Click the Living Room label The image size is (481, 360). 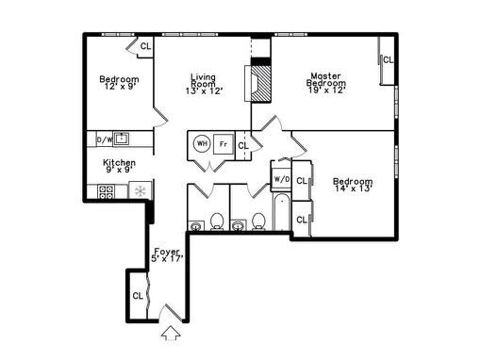[203, 84]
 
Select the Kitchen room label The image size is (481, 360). [119, 166]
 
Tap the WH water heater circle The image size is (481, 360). [202, 143]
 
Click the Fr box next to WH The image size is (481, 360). [223, 143]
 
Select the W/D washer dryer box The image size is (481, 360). [281, 178]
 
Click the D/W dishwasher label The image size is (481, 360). [104, 140]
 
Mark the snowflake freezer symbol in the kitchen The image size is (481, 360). [141, 191]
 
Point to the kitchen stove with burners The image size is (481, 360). [107, 192]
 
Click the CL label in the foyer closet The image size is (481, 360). [137, 295]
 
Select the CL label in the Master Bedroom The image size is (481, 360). [389, 60]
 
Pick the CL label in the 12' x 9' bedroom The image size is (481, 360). [146, 45]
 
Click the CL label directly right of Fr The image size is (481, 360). [242, 144]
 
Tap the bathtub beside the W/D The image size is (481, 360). [280, 214]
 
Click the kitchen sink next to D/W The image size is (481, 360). [122, 140]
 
